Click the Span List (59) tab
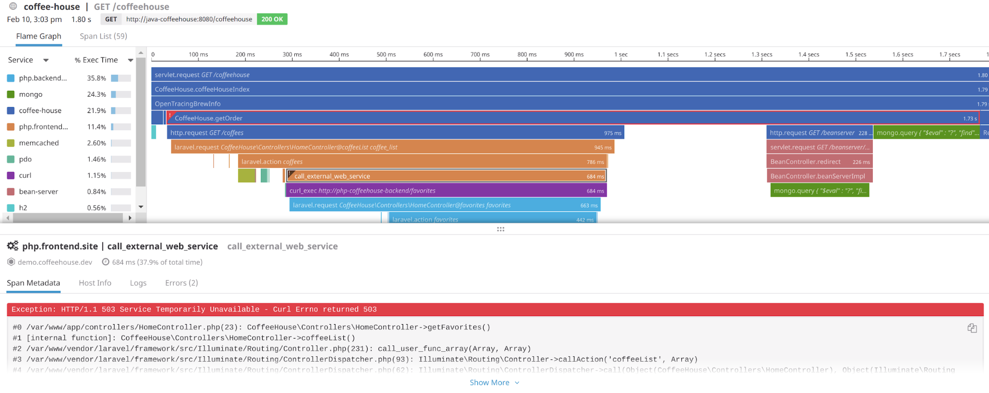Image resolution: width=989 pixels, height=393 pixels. click(103, 36)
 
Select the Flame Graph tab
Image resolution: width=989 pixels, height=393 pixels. click(39, 36)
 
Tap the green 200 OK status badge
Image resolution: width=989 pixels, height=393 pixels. click(272, 19)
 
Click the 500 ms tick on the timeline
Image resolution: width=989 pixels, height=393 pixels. click(386, 55)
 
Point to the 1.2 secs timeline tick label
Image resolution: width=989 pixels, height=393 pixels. click(715, 55)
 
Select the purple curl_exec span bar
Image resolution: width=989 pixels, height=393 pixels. click(445, 191)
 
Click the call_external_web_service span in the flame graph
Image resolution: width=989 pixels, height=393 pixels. click(445, 176)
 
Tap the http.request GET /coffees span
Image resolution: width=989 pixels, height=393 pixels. click(396, 133)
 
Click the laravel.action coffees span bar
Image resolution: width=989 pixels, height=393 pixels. click(421, 162)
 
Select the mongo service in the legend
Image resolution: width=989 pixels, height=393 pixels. click(31, 94)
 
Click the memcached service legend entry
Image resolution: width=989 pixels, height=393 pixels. click(39, 143)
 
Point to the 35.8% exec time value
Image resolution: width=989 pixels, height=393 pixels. click(96, 78)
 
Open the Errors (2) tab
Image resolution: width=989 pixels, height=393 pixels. click(182, 283)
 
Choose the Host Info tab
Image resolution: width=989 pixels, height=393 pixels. click(95, 283)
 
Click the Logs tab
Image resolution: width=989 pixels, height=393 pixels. click(138, 283)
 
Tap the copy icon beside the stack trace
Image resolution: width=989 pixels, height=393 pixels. click(972, 328)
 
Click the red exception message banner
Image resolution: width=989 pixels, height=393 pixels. click(495, 309)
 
